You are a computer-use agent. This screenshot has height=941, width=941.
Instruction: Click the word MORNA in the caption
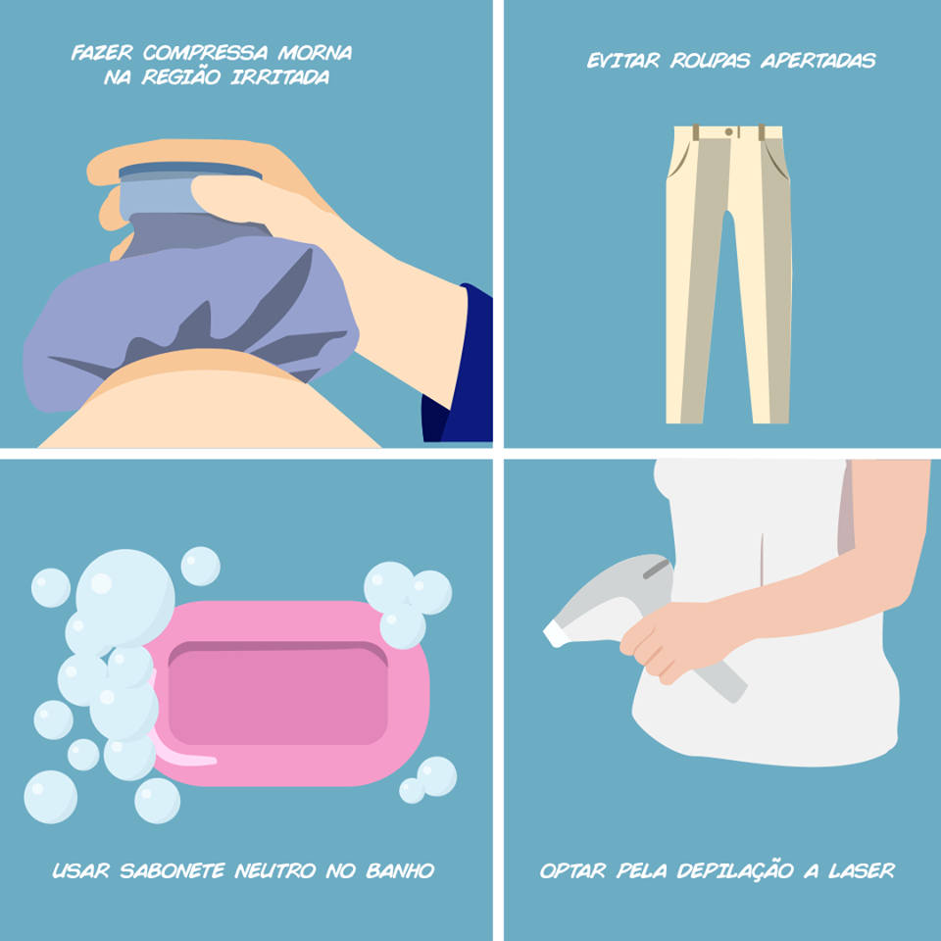pyautogui.click(x=315, y=53)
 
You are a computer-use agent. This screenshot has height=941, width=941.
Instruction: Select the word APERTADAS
pyautogui.click(x=818, y=61)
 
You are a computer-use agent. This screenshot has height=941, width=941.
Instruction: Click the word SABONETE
pyautogui.click(x=173, y=870)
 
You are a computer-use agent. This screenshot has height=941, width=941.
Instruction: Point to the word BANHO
pyautogui.click(x=400, y=870)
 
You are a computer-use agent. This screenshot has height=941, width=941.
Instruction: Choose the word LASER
pyautogui.click(x=862, y=870)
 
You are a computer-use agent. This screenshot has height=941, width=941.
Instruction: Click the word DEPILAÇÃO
pyautogui.click(x=735, y=870)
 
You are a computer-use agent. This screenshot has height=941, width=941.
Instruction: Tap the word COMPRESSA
pyautogui.click(x=205, y=53)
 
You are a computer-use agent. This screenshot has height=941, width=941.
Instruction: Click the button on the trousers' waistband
pyautogui.click(x=728, y=131)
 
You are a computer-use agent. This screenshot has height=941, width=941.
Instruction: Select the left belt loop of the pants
pyautogui.click(x=696, y=132)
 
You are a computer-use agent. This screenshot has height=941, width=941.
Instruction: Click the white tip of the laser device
pyautogui.click(x=556, y=633)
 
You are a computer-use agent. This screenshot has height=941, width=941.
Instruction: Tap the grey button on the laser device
pyautogui.click(x=656, y=569)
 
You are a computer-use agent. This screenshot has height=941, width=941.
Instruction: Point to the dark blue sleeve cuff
pyautogui.click(x=459, y=363)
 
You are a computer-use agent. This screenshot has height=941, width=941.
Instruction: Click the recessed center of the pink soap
pyautogui.click(x=277, y=693)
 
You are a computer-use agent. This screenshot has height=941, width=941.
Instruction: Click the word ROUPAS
pyautogui.click(x=711, y=61)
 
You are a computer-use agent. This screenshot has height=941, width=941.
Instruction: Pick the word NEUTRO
pyautogui.click(x=275, y=870)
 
